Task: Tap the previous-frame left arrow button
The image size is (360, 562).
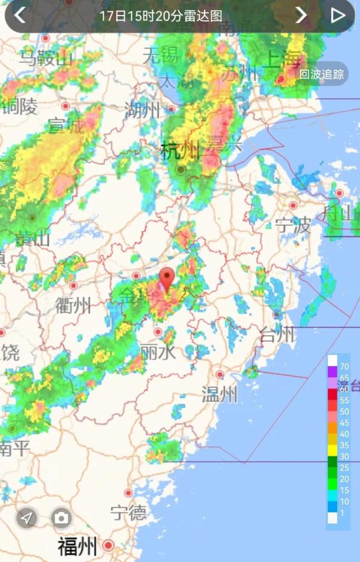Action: tap(20, 15)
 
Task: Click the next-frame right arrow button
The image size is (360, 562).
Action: tap(301, 15)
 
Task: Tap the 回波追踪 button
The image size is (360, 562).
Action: tap(322, 74)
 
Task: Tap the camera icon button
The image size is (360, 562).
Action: tap(61, 518)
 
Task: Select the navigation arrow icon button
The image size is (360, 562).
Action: tap(27, 518)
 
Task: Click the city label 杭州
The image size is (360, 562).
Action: tap(179, 150)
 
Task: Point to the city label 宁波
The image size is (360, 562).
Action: tap(293, 226)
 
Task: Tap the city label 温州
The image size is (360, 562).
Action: tap(220, 395)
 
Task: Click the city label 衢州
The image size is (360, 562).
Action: tap(73, 305)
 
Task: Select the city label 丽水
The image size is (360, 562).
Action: tap(158, 352)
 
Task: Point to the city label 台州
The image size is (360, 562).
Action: tap(278, 335)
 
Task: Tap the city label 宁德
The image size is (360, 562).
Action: tap(128, 512)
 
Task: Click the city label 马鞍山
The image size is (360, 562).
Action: tap(45, 58)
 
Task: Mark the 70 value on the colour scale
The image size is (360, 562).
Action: tap(344, 366)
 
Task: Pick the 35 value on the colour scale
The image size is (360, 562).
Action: tap(344, 445)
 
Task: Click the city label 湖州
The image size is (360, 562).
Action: tap(143, 110)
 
